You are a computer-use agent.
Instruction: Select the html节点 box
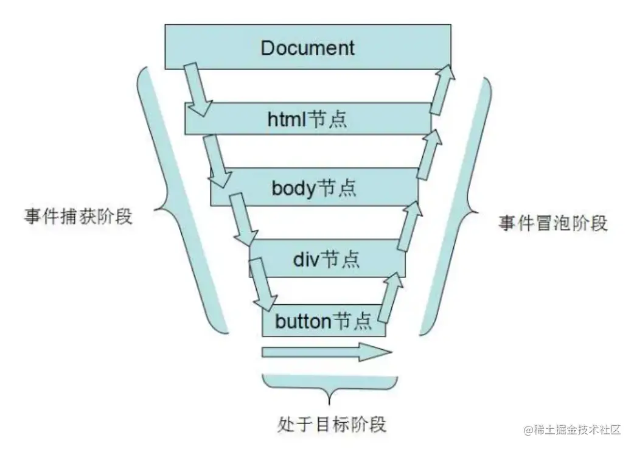click(365, 119)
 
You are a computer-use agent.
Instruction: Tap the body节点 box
click(377, 187)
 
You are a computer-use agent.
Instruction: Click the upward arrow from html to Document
click(442, 88)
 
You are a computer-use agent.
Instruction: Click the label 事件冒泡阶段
click(553, 223)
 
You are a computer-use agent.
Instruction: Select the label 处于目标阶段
click(331, 423)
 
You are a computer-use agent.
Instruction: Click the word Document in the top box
click(307, 48)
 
